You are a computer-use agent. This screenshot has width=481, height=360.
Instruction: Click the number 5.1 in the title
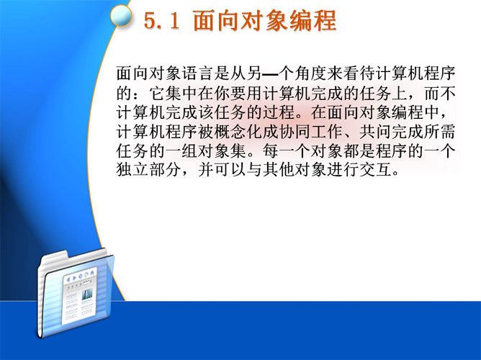162,21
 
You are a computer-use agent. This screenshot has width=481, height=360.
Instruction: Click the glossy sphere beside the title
121,15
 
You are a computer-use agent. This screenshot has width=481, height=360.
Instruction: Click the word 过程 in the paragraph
278,112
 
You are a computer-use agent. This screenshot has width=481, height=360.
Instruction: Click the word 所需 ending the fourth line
440,132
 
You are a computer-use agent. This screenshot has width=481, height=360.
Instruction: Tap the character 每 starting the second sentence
270,151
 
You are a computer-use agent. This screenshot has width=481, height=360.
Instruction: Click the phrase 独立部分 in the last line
148,170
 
